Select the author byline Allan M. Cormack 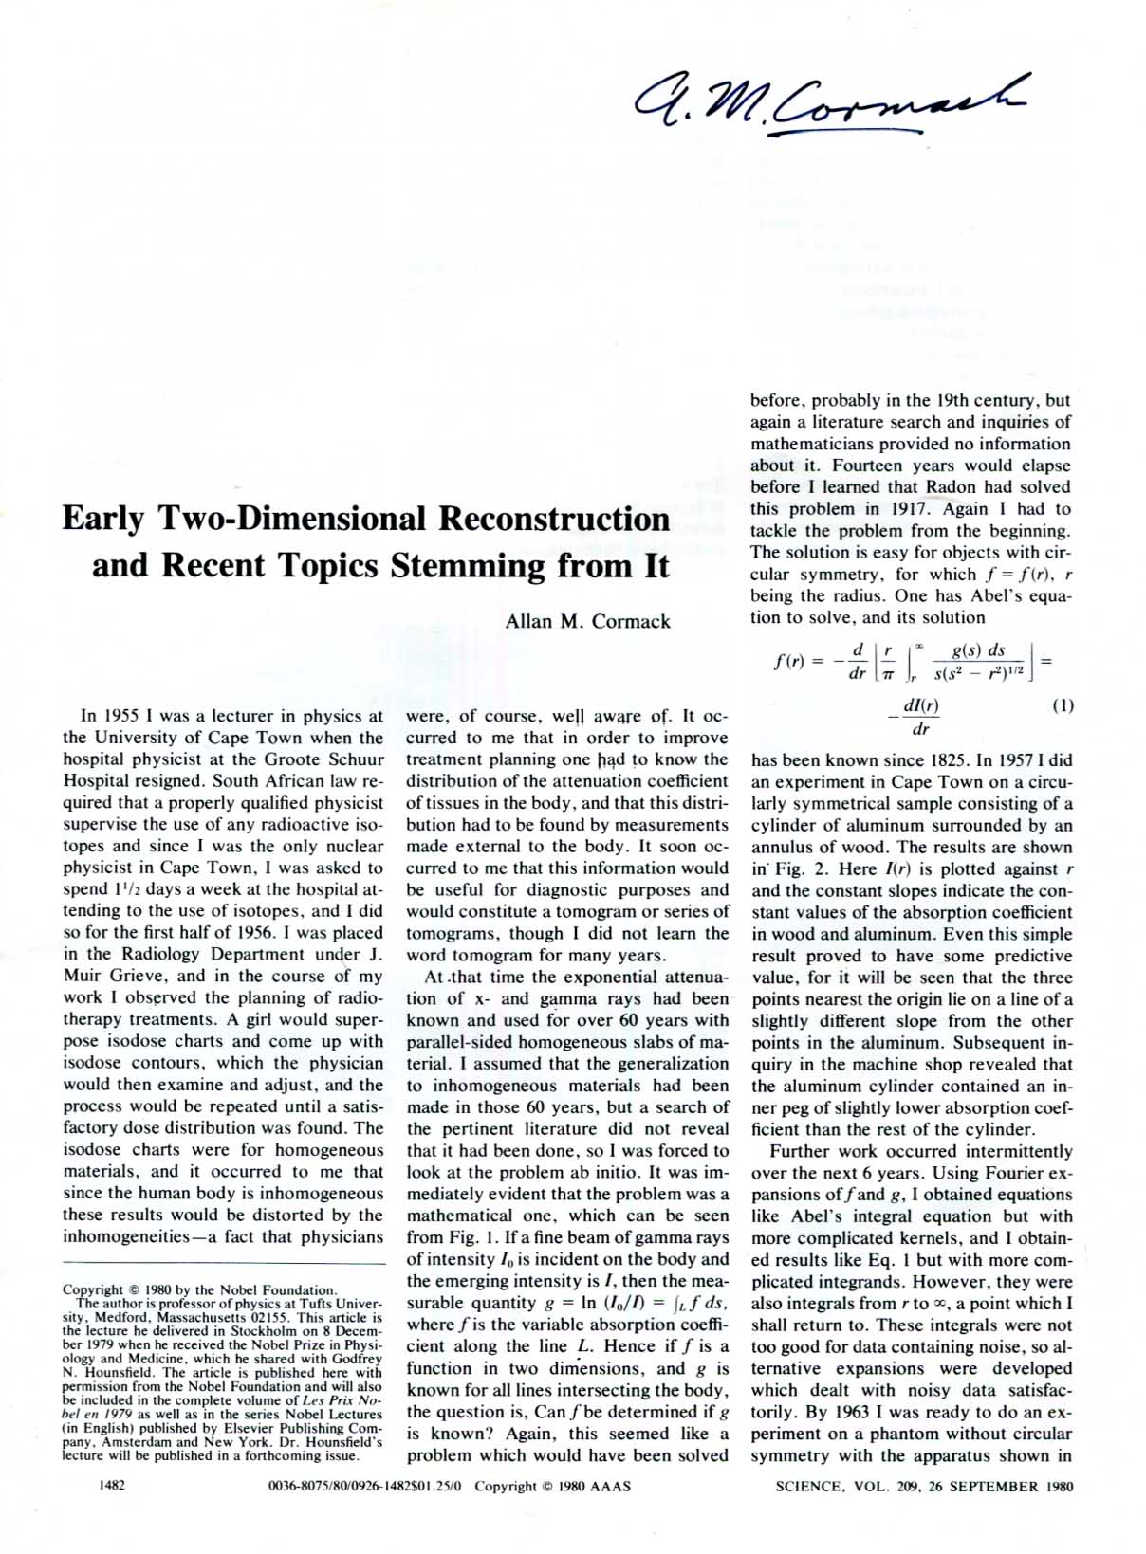[x=587, y=622]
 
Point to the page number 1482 [x=112, y=1486]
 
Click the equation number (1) [x=1063, y=705]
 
